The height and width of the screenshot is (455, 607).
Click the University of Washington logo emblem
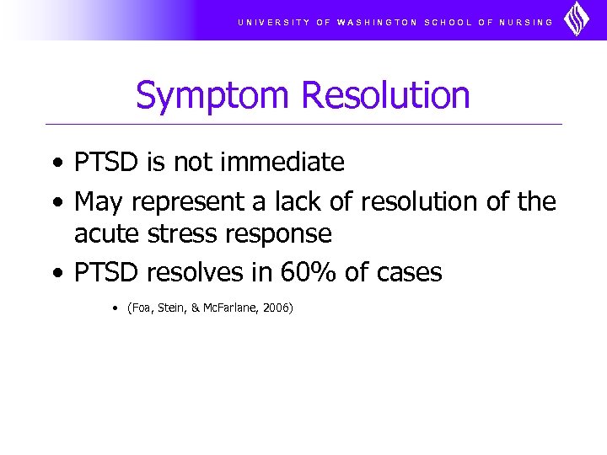pyautogui.click(x=577, y=19)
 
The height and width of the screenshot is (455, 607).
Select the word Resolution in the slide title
pyautogui.click(x=385, y=95)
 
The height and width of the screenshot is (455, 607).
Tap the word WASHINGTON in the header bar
pyautogui.click(x=377, y=22)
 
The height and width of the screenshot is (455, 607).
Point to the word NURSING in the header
pyautogui.click(x=526, y=22)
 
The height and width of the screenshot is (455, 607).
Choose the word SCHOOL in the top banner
pyautogui.click(x=448, y=22)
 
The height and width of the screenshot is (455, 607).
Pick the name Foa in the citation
pyautogui.click(x=139, y=308)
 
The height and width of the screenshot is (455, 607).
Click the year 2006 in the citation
pyautogui.click(x=277, y=308)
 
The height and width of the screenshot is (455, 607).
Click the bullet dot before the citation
pyautogui.click(x=114, y=308)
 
